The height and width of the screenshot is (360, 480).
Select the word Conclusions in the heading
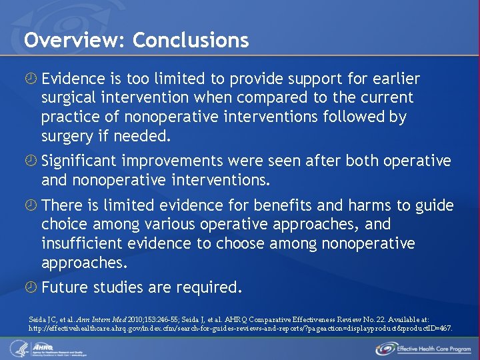pos(191,41)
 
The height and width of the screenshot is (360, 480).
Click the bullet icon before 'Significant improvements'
pos(31,161)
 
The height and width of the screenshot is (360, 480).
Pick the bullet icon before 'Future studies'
pos(31,288)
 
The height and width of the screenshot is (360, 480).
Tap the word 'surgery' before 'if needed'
pos(67,137)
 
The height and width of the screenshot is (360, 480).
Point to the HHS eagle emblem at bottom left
pos(18,348)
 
